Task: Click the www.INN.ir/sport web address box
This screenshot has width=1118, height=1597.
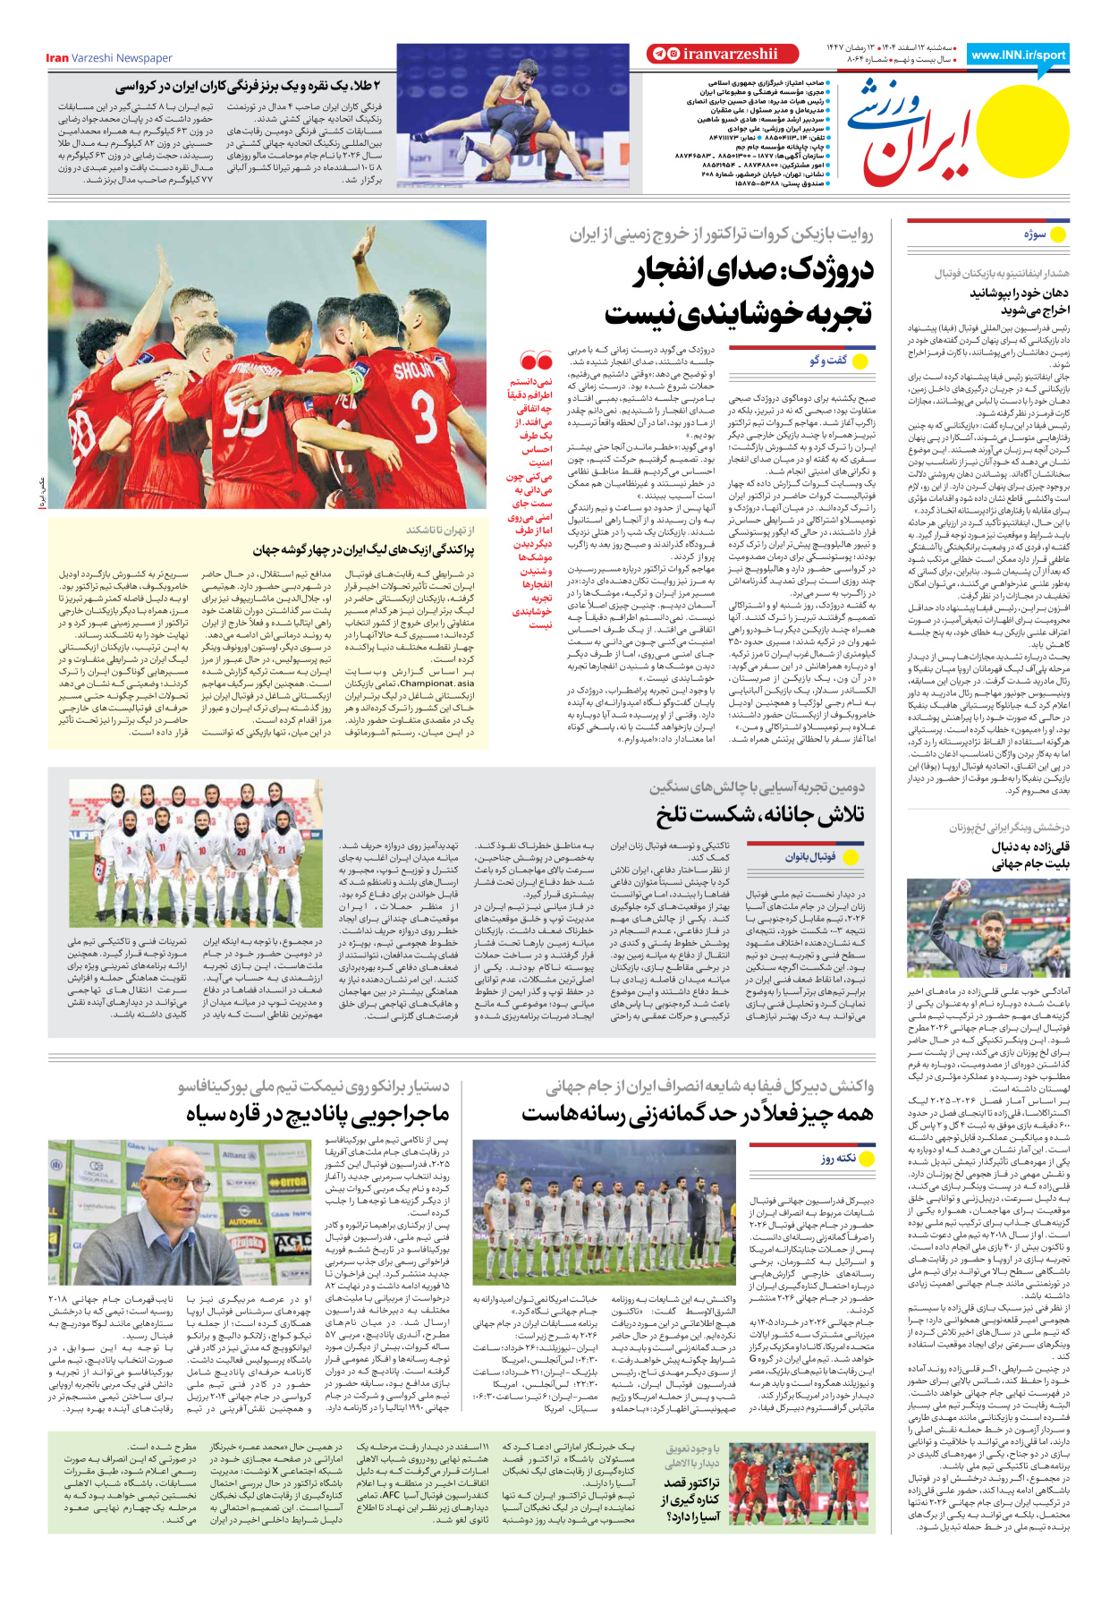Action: click(x=1017, y=55)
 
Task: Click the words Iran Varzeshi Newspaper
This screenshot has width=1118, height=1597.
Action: click(x=109, y=58)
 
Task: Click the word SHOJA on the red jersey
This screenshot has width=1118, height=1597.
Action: click(x=412, y=370)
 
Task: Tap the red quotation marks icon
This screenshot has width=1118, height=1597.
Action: click(x=536, y=362)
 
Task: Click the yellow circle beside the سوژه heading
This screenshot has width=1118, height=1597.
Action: click(x=1058, y=234)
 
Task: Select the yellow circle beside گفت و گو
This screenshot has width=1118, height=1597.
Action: click(x=861, y=361)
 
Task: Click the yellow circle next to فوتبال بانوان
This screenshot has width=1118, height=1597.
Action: click(x=851, y=857)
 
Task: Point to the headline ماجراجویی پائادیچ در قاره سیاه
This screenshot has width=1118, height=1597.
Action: click(x=317, y=1115)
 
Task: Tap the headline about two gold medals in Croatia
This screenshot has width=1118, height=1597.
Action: click(x=247, y=86)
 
